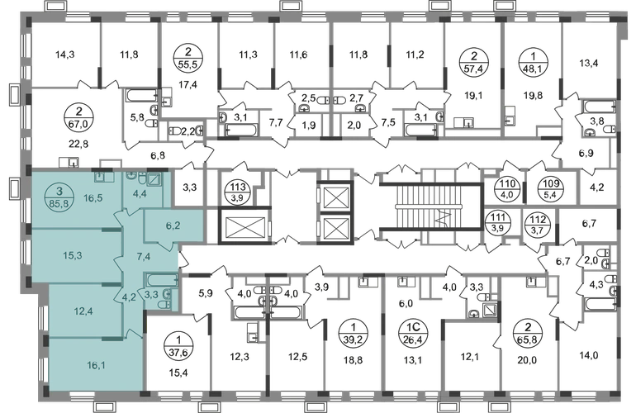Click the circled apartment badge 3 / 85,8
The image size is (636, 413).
pyautogui.click(x=59, y=197)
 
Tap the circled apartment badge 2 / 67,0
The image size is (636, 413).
pyautogui.click(x=78, y=116)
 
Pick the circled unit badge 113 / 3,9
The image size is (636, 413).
pyautogui.click(x=238, y=192)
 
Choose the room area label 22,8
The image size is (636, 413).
pyautogui.click(x=79, y=143)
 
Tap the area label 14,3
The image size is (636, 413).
pyautogui.click(x=65, y=54)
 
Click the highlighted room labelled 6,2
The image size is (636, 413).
pyautogui.click(x=174, y=226)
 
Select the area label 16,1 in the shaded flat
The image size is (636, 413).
pyautogui.click(x=96, y=366)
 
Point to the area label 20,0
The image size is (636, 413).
pyautogui.click(x=527, y=359)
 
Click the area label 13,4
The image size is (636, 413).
pyautogui.click(x=589, y=63)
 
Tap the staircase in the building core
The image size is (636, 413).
pyautogui.click(x=431, y=207)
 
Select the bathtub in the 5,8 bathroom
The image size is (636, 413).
pyautogui.click(x=141, y=96)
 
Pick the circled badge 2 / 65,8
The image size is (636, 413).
pyautogui.click(x=527, y=333)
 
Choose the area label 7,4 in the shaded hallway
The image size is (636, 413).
pyautogui.click(x=144, y=256)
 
